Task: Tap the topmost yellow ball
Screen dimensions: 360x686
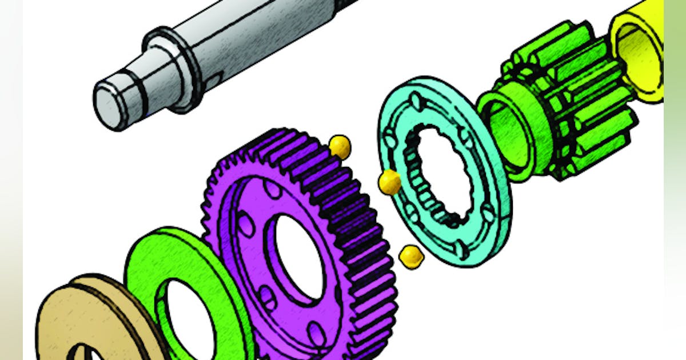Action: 340,147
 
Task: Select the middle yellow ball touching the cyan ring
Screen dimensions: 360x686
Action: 390,182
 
